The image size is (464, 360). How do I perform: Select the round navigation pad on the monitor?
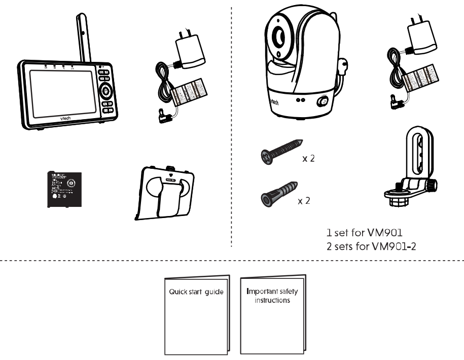[106, 91]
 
